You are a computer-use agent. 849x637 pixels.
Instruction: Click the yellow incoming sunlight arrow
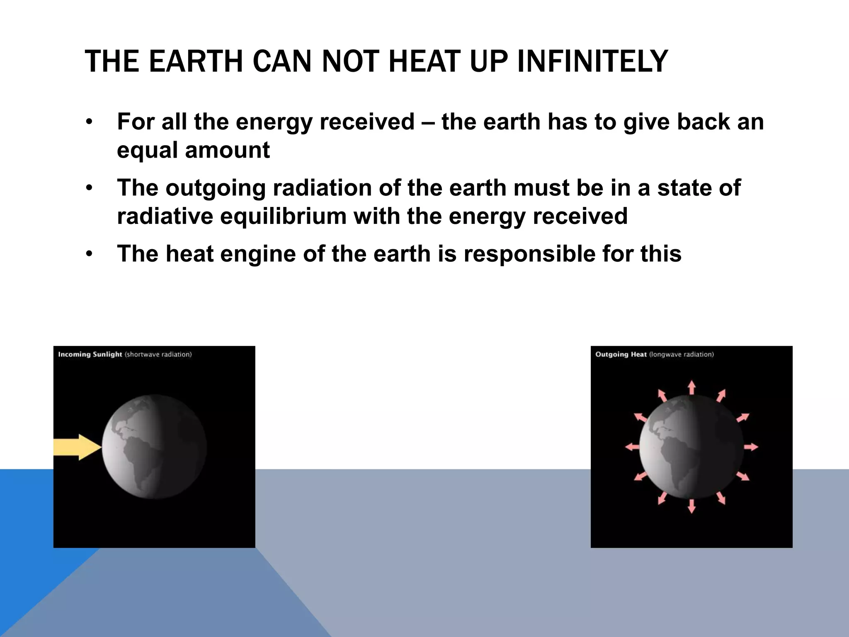coord(77,447)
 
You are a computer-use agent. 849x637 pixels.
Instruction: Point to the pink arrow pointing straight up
coord(691,387)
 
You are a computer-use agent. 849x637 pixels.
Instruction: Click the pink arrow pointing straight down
coord(691,506)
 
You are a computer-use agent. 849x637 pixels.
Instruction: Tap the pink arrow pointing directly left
coord(632,447)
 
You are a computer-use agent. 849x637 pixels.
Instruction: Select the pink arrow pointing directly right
coord(751,447)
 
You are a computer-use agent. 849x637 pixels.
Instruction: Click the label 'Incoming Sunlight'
coord(90,354)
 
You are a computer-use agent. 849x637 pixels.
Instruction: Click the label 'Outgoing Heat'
coord(621,354)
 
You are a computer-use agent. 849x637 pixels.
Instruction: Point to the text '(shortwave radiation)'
coord(158,354)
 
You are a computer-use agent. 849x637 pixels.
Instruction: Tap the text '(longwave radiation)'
coord(681,354)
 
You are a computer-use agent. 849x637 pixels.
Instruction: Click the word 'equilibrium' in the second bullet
coord(283,216)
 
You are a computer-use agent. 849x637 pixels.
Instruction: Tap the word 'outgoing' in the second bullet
coord(215,188)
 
